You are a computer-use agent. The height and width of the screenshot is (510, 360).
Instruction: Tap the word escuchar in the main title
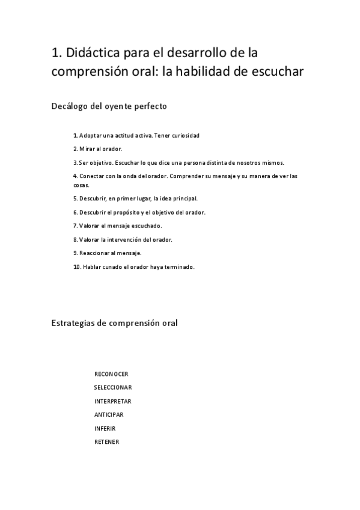coord(276,72)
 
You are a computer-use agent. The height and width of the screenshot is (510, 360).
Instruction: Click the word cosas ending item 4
coord(81,185)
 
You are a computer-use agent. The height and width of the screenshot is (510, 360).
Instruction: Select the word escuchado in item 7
coord(143,226)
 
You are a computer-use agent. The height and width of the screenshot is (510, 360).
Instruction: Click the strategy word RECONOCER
coord(111,373)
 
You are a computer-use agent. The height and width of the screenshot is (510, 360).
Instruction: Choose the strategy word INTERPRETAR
coord(113,401)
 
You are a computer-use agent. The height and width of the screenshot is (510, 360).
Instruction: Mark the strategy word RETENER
coord(106,442)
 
